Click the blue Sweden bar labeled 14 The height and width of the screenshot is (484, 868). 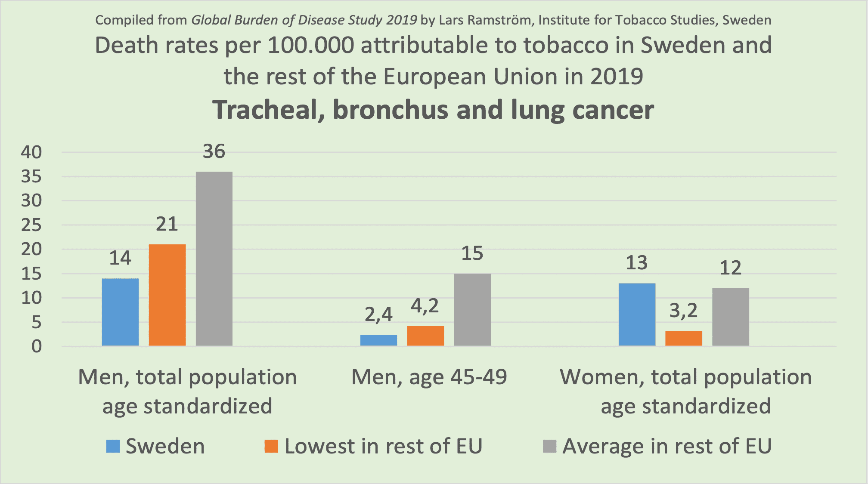click(120, 312)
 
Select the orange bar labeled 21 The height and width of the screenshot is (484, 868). click(167, 295)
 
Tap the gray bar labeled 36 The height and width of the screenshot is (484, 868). click(214, 259)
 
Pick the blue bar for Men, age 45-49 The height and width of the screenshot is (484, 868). click(378, 340)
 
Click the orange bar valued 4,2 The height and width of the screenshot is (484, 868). click(425, 336)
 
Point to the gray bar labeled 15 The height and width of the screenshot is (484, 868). click(472, 310)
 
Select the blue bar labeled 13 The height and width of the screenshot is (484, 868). click(637, 314)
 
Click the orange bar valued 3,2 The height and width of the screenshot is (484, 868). click(684, 338)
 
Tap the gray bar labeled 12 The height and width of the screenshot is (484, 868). click(731, 317)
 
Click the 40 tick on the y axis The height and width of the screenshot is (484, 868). click(31, 152)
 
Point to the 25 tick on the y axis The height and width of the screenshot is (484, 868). click(31, 225)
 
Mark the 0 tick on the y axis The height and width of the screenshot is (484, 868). click(37, 346)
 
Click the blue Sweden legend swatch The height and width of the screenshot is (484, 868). click(113, 446)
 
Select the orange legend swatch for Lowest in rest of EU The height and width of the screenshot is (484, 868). click(271, 446)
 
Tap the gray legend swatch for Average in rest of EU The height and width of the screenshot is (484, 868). click(549, 446)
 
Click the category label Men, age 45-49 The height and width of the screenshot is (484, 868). click(429, 377)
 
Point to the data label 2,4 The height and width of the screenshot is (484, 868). click(378, 314)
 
